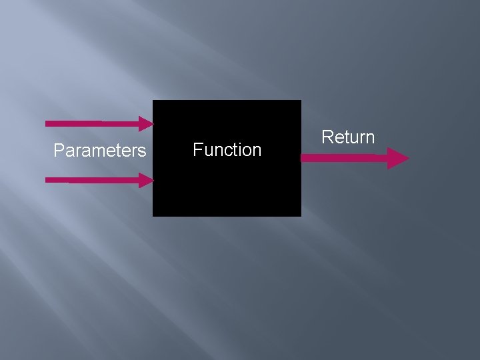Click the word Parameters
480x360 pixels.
pyautogui.click(x=99, y=151)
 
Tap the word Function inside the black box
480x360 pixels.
pyautogui.click(x=227, y=150)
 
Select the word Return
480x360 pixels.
pyautogui.click(x=348, y=137)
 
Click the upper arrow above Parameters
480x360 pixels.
pyautogui.click(x=93, y=123)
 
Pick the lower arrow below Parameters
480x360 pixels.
pyautogui.click(x=93, y=180)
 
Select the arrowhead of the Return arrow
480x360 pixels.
pyautogui.click(x=399, y=159)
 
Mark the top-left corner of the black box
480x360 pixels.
pyautogui.click(x=153, y=101)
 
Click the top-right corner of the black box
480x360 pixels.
pyautogui.click(x=301, y=101)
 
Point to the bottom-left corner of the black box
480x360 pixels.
pyautogui.click(x=153, y=216)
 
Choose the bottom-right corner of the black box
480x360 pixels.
pyautogui.click(x=301, y=216)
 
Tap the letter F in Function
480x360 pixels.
pyautogui.click(x=197, y=150)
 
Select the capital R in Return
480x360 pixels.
pyautogui.click(x=327, y=137)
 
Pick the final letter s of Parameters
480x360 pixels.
pyautogui.click(x=142, y=152)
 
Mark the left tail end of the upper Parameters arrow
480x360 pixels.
pyautogui.click(x=46, y=123)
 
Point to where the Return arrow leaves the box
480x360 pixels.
pyautogui.click(x=302, y=159)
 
